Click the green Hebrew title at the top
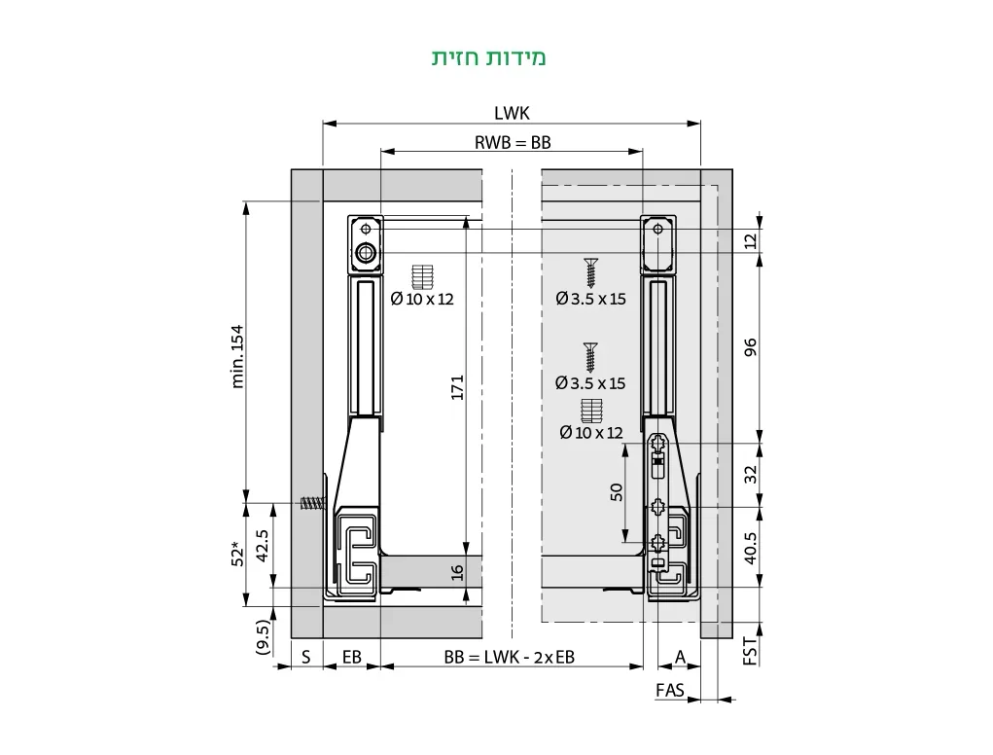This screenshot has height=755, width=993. pos(489,57)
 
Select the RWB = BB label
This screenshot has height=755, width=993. pos(513,142)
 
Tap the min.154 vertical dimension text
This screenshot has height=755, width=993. pos(238,356)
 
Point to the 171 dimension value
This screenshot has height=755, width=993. pos(458,386)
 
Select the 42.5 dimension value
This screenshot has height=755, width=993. pos(263,546)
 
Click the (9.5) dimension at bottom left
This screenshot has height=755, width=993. pos(263,637)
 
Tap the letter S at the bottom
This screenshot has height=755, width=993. pos(305,658)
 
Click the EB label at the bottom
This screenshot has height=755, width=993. pos(351,658)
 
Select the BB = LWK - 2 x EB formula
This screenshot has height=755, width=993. pos(510,658)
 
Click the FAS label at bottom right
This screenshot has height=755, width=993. pos(669,690)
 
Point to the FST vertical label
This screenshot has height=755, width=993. pos(750,650)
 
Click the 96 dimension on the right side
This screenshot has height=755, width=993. pos(750,347)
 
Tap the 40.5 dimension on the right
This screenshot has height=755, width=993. pos(750,547)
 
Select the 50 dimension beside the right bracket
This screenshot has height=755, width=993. pos(616,491)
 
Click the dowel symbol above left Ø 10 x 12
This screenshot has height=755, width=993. pos(421,276)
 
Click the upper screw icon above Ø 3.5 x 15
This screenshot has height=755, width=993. pos(589,271)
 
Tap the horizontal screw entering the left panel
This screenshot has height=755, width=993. pos(309,504)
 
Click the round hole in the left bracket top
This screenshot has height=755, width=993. pos(366,255)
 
